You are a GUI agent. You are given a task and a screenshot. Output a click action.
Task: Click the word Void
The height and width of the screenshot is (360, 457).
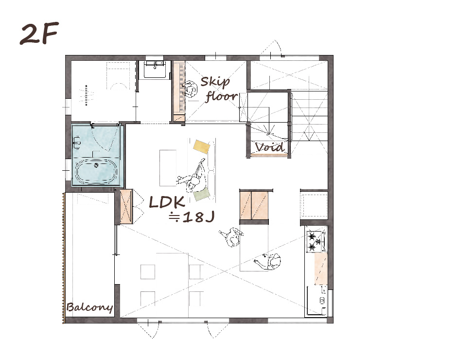(x=269, y=147)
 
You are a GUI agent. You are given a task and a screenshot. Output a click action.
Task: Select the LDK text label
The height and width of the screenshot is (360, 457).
(x=167, y=202)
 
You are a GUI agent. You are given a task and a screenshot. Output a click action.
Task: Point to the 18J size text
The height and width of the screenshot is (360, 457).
(x=192, y=217)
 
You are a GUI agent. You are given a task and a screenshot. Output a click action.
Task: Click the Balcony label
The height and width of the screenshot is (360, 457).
(x=89, y=307)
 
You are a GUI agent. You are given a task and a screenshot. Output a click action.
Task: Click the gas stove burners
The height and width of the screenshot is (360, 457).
(x=315, y=242)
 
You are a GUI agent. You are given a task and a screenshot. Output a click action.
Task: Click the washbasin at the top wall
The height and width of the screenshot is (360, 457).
(x=155, y=69)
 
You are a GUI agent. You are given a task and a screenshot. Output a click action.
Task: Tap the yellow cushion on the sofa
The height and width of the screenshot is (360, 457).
(x=202, y=146)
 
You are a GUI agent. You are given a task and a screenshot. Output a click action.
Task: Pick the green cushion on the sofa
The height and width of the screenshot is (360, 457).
(x=202, y=194)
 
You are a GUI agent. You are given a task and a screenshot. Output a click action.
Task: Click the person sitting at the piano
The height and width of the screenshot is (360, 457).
(x=190, y=89)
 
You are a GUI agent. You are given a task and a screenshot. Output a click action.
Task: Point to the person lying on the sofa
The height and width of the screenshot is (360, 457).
(x=193, y=175)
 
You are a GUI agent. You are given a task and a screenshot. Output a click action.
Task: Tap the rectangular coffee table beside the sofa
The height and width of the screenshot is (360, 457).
(x=168, y=168)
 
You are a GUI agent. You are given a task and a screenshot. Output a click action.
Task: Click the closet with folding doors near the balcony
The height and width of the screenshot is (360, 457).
(x=126, y=207)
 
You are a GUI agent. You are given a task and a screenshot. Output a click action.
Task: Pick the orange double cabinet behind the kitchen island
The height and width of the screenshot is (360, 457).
(x=254, y=205)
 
